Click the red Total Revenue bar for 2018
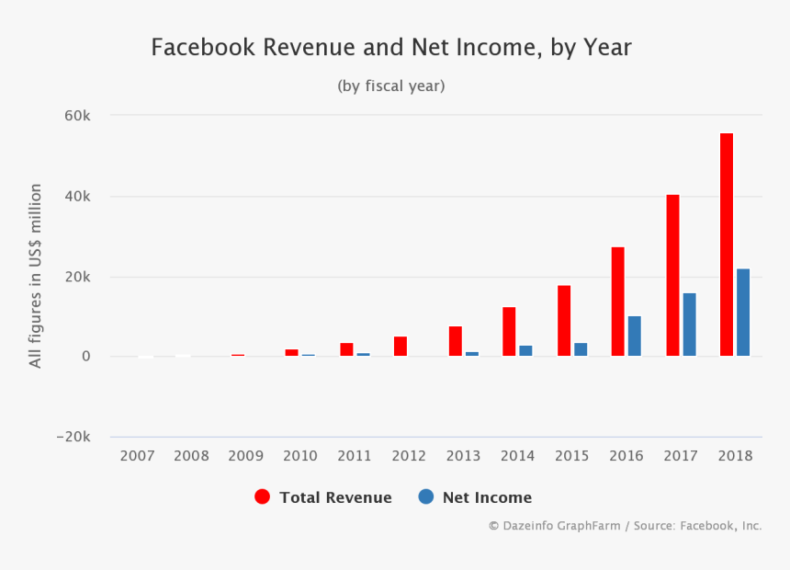tap(727, 245)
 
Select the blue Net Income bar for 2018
tap(743, 313)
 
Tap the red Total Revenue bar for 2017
tap(672, 275)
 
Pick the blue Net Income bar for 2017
tap(689, 325)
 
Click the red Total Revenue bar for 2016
tap(618, 302)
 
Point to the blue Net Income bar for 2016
tap(635, 336)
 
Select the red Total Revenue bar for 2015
tap(564, 321)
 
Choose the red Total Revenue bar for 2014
tap(509, 332)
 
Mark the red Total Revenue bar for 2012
tap(401, 347)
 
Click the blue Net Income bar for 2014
tap(525, 351)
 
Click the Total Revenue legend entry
tap(324, 497)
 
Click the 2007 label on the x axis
tap(137, 456)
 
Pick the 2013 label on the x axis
tap(463, 456)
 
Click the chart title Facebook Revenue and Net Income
tap(391, 48)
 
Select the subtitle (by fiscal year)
tap(391, 86)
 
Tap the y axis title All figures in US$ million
tap(36, 276)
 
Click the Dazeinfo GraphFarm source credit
tap(625, 526)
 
